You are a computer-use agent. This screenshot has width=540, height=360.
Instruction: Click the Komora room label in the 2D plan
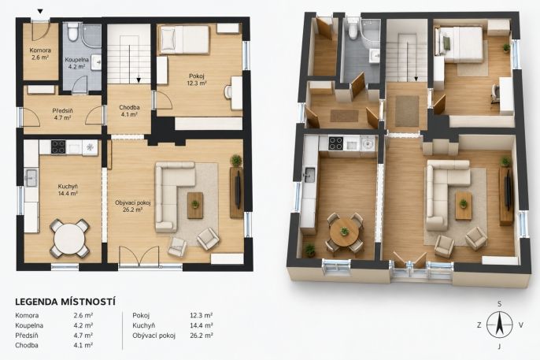(40, 50)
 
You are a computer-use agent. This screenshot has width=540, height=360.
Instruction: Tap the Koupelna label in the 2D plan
(77, 60)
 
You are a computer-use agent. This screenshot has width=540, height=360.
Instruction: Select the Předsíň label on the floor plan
(63, 110)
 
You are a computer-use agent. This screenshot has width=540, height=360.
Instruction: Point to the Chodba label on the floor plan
(129, 107)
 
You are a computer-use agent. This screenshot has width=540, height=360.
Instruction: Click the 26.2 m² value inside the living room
(132, 210)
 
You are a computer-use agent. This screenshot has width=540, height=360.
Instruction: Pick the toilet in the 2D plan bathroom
(72, 32)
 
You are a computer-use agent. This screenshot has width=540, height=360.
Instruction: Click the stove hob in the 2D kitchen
(58, 147)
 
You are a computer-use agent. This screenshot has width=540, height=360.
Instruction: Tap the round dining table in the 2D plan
(69, 238)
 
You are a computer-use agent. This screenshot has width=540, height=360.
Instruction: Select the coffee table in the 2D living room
(195, 206)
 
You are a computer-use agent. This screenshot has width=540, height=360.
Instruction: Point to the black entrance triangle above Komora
(40, 11)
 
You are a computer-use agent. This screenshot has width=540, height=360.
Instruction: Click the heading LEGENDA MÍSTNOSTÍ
(65, 302)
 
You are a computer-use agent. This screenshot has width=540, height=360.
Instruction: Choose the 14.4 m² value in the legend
(202, 325)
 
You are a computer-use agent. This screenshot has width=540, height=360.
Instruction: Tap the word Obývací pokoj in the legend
(154, 336)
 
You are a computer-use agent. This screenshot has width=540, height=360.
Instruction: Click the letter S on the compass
(499, 304)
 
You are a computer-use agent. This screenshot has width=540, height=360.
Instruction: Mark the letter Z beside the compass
(479, 325)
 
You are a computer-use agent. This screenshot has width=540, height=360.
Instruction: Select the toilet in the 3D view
(353, 29)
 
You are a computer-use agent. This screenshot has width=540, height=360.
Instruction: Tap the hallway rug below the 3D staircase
(407, 111)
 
